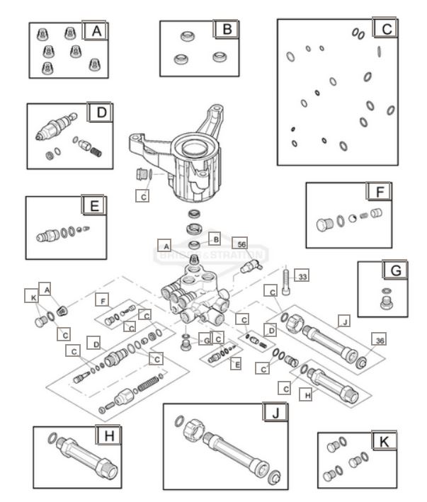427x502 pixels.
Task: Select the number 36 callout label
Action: [x=380, y=341]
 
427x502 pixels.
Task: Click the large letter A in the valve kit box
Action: [x=94, y=31]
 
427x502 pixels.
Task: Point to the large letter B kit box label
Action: [x=227, y=29]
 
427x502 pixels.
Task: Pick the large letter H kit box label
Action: [x=108, y=435]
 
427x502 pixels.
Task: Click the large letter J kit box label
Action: [x=273, y=413]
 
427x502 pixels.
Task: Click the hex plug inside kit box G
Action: [x=387, y=303]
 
